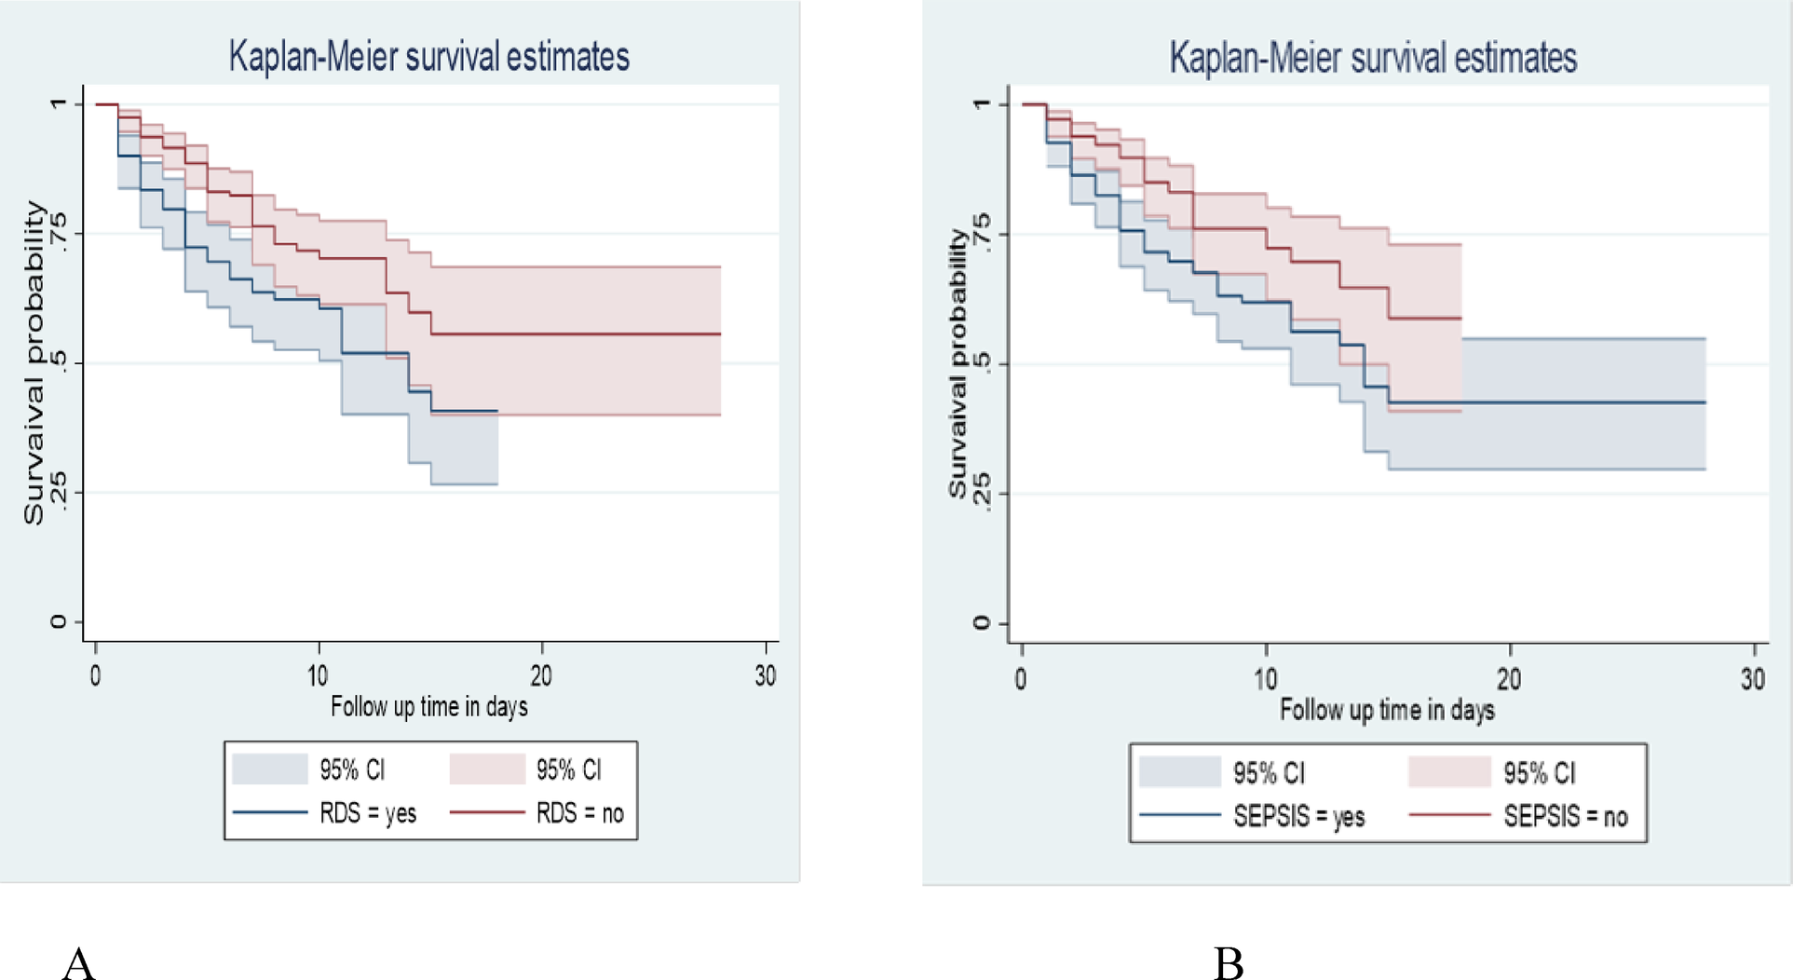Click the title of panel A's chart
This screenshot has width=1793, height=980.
point(428,57)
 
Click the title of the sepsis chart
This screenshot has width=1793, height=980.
point(1372,58)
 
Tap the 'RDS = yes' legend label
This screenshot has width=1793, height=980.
point(368,813)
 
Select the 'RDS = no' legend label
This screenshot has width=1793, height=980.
point(579,813)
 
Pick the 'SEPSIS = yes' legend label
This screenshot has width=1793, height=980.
point(1298,817)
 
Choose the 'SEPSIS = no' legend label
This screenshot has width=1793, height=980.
point(1565,817)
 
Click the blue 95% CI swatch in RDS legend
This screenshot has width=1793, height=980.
point(270,769)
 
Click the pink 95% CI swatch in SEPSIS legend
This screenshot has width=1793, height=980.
point(1449,772)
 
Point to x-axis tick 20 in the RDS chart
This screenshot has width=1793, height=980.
point(541,675)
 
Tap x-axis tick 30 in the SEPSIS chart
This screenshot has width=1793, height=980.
point(1752,679)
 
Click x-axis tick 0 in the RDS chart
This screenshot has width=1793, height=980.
point(95,675)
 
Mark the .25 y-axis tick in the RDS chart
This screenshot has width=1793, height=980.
point(58,491)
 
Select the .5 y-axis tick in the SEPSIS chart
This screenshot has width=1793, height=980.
point(980,364)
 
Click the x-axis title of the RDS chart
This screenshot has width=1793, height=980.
point(428,707)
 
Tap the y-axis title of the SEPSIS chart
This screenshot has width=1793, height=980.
point(957,363)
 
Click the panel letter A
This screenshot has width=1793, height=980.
point(79,962)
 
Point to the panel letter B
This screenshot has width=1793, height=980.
point(1229,963)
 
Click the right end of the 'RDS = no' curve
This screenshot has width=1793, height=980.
point(719,333)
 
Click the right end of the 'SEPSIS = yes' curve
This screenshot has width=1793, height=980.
point(1704,402)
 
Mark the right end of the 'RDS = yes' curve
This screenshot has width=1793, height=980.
point(496,411)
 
